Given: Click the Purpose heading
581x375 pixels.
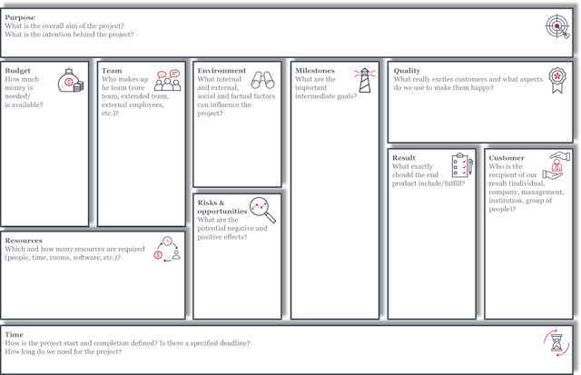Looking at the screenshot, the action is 20,17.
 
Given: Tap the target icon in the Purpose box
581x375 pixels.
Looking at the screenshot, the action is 556,26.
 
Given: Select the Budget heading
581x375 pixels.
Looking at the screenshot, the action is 17,71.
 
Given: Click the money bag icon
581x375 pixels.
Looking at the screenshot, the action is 71,81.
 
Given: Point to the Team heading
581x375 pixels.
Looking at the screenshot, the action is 112,71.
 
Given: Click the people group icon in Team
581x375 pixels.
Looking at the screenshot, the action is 167,80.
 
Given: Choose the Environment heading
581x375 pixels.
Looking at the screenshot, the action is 222,71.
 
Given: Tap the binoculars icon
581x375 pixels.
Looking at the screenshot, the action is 262,80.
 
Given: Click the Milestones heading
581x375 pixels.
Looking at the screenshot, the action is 315,71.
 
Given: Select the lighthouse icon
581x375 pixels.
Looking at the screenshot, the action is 365,80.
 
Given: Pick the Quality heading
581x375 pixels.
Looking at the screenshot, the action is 407,71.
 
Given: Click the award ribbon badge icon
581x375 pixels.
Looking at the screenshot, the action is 557,80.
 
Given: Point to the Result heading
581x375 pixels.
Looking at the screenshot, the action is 404,158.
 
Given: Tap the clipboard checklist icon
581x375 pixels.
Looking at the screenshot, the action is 462,165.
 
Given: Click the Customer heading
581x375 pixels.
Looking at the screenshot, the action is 507,158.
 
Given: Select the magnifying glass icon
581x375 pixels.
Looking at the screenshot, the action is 262,210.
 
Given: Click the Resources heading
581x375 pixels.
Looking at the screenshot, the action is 24,241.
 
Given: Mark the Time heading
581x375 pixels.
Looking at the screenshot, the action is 15,335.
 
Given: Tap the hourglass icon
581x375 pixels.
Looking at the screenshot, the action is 556,342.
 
